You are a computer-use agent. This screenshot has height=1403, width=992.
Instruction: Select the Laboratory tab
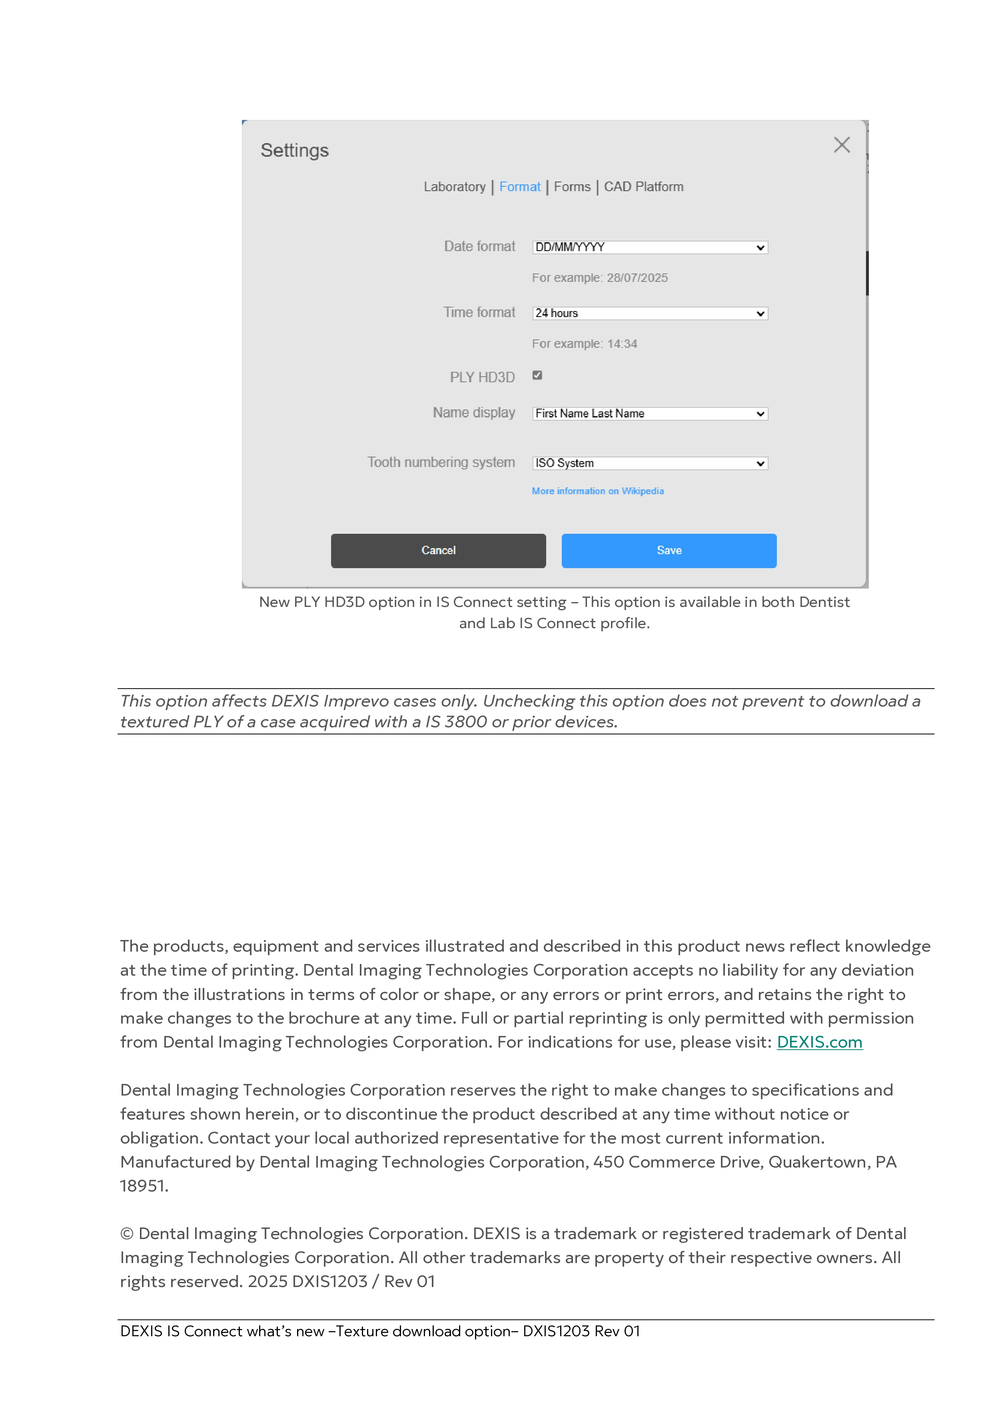click(454, 187)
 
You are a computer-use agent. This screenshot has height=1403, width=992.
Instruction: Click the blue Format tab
click(519, 187)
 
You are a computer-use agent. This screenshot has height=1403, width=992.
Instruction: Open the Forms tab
click(572, 187)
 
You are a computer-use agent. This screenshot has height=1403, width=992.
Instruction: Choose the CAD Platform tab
click(644, 187)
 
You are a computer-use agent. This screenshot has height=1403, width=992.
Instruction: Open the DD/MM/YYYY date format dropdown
click(650, 247)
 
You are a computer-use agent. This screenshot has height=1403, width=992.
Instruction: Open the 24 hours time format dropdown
click(650, 313)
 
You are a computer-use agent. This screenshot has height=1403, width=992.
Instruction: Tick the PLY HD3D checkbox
click(537, 375)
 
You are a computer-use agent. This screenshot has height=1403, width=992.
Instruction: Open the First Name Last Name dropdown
click(650, 414)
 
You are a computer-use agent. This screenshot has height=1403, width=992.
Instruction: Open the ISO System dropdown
click(650, 463)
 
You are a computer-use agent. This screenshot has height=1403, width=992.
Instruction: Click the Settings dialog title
click(295, 150)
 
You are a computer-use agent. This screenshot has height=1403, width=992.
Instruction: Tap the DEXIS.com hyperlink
click(819, 1042)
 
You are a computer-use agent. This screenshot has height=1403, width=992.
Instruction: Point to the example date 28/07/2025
click(637, 278)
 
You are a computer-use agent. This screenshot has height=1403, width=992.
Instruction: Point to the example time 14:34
click(622, 344)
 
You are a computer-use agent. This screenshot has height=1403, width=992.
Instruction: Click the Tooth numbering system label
click(441, 463)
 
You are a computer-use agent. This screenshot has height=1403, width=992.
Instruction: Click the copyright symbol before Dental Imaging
click(126, 1234)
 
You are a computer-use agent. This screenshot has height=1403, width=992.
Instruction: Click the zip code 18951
click(143, 1186)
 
